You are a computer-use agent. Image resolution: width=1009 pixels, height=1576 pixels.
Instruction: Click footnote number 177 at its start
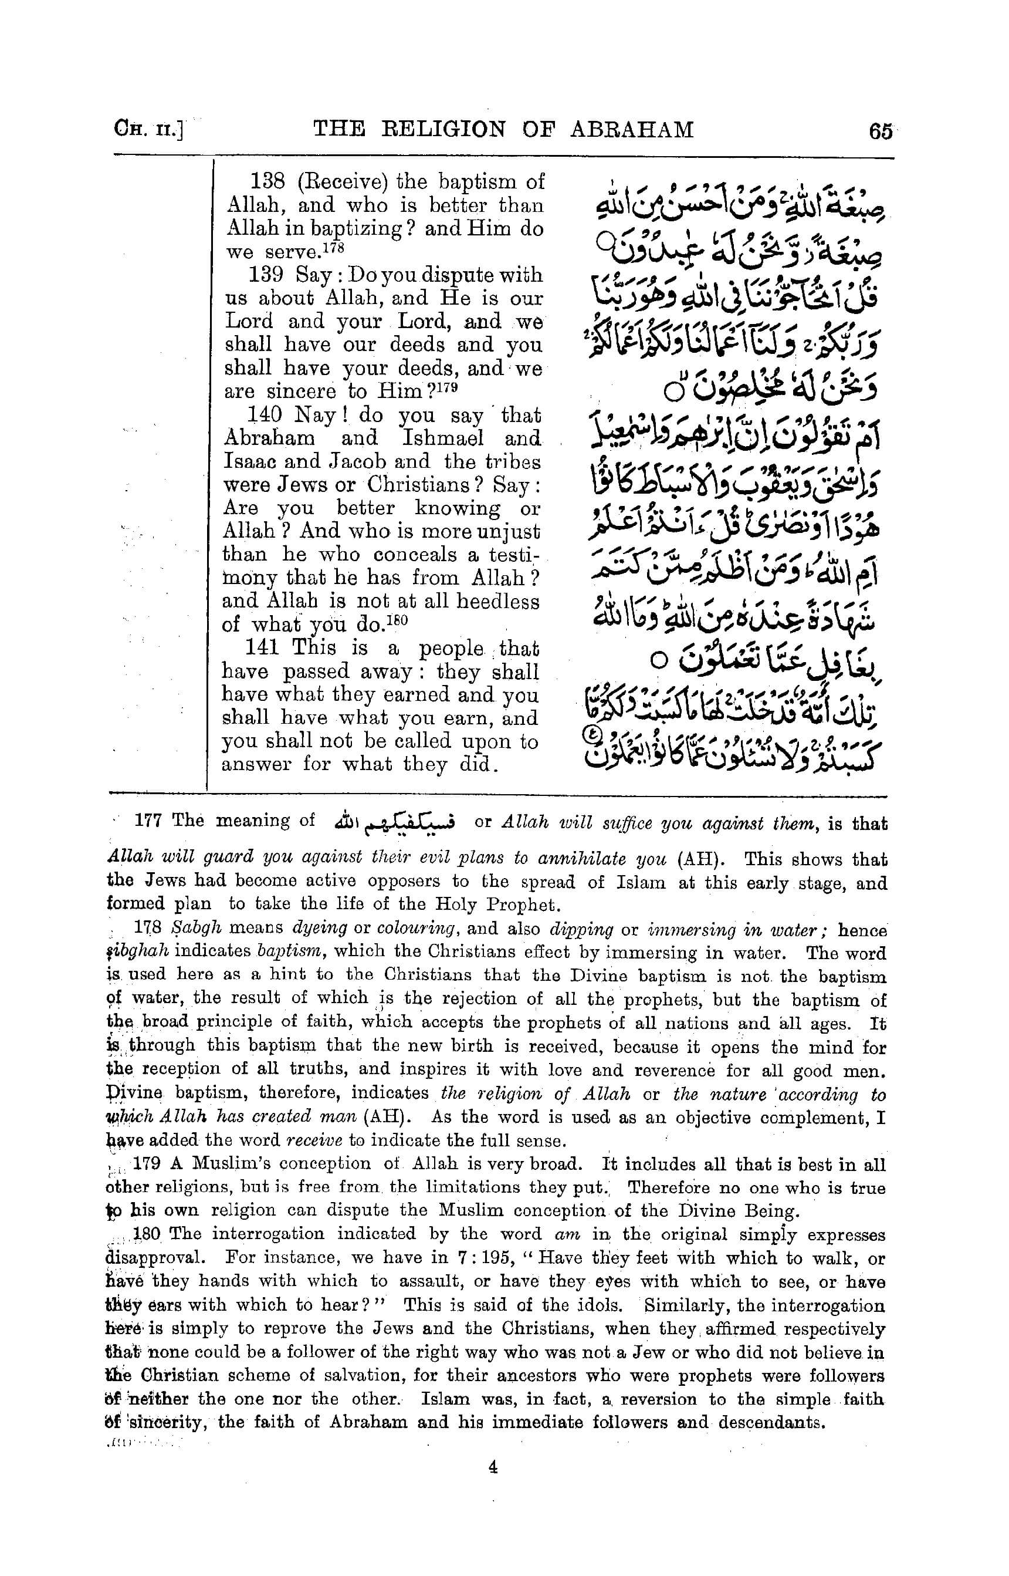tap(148, 820)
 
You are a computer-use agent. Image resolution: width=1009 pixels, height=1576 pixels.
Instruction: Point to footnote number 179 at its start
tap(147, 1165)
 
